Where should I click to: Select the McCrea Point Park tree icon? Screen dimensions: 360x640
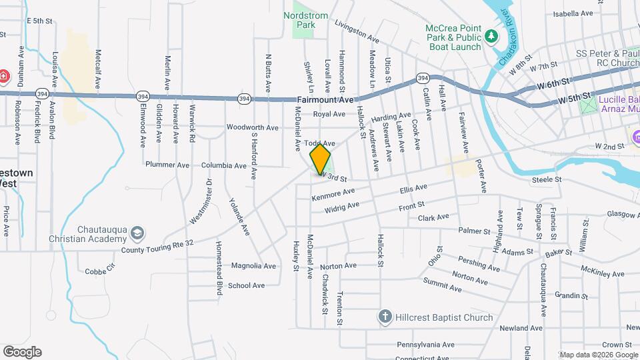tap(492, 35)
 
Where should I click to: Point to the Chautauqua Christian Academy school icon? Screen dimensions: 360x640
tap(137, 233)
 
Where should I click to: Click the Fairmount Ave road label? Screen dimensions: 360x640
tap(323, 99)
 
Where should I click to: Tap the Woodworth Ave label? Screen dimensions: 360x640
tap(252, 127)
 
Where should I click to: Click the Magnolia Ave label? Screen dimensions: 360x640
tap(253, 266)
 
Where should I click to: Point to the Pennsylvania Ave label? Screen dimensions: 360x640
tap(425, 345)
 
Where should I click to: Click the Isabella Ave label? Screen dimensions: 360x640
tap(573, 13)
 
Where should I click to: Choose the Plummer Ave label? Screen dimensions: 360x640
tap(168, 165)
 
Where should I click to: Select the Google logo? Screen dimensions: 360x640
tap(22, 351)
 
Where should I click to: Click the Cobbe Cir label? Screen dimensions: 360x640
tap(101, 271)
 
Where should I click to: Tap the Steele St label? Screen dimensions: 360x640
tap(547, 179)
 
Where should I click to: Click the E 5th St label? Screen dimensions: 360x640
tap(39, 21)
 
